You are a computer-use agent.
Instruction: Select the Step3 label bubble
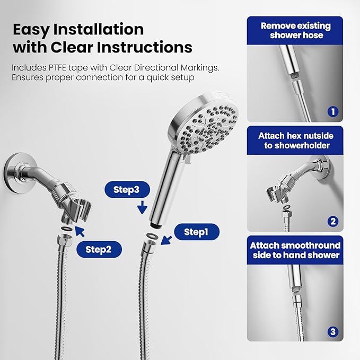127,189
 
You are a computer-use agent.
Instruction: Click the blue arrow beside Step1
168,240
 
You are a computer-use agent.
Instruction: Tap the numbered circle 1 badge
332,111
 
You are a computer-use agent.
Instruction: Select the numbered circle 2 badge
332,221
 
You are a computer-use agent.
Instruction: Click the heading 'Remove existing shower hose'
295,30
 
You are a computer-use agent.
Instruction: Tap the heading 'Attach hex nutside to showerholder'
295,141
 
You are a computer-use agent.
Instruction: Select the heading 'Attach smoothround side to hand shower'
295,250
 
